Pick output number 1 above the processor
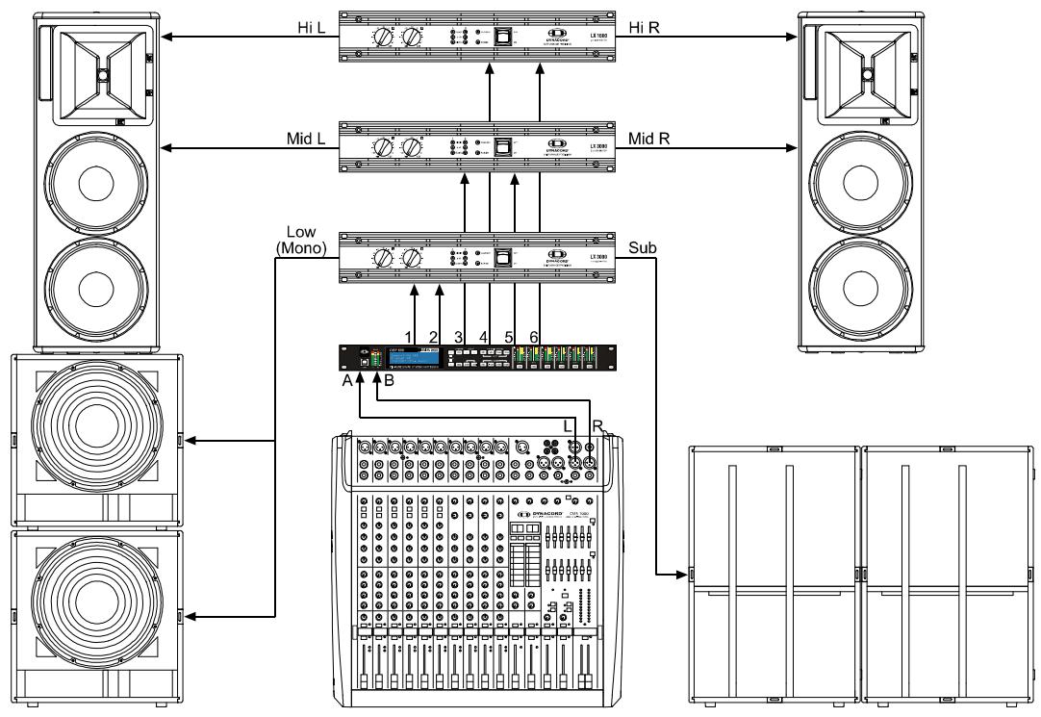(x=407, y=336)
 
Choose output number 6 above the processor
(x=535, y=336)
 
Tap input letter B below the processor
(x=390, y=380)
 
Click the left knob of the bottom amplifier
(x=385, y=259)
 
